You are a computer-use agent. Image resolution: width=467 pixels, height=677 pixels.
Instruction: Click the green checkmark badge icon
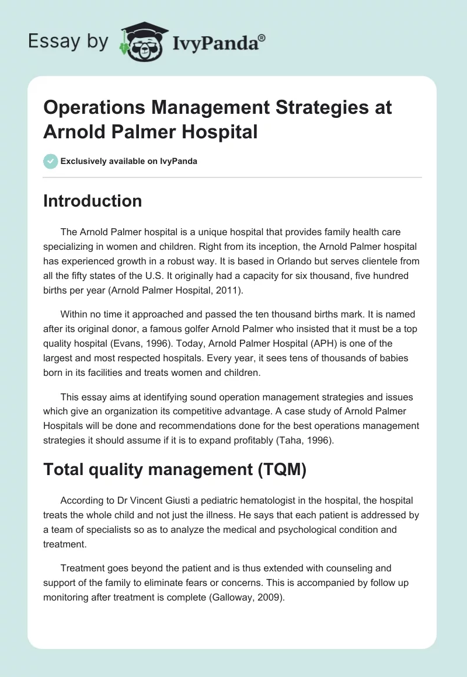tap(51, 161)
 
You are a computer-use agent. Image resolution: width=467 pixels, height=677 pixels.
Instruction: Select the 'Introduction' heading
tap(92, 201)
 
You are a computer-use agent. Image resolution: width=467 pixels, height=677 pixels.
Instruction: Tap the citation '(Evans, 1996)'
tap(152, 344)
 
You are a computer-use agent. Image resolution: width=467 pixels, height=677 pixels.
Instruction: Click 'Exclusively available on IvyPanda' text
tap(129, 162)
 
